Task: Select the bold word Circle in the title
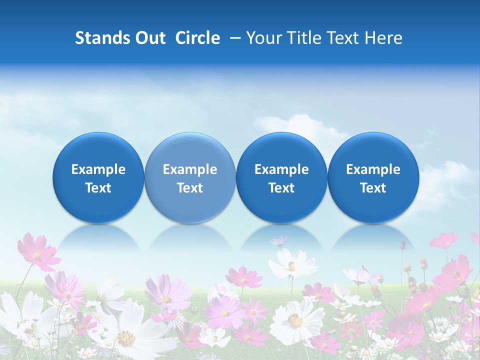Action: [x=197, y=38]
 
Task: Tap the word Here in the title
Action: [x=383, y=38]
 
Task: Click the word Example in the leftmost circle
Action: [x=98, y=169]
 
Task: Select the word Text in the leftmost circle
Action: [x=98, y=188]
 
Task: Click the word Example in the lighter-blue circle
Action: [x=190, y=169]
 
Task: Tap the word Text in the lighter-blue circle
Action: [x=190, y=188]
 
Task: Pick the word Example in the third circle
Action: [x=281, y=169]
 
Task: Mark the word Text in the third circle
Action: [x=281, y=188]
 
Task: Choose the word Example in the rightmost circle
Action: [x=373, y=169]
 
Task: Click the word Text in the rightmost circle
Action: [x=373, y=188]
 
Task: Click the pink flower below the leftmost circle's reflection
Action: [x=38, y=253]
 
